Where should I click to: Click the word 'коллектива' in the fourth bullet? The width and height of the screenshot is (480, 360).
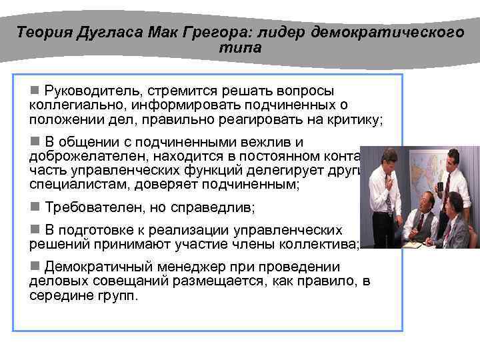323,244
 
